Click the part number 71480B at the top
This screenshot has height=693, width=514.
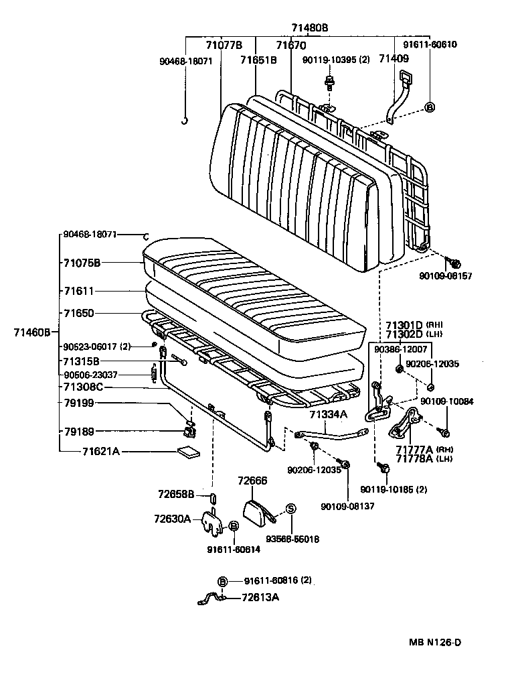tap(309, 27)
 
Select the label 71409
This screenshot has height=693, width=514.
tap(393, 60)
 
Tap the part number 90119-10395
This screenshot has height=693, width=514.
tap(330, 60)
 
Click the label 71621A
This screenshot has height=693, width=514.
tap(100, 452)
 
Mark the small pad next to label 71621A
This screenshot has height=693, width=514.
tap(188, 452)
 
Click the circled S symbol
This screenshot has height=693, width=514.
tap(290, 509)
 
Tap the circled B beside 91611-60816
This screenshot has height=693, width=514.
tap(223, 580)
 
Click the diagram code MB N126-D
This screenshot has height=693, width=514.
tap(435, 642)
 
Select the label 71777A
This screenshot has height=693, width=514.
tap(414, 449)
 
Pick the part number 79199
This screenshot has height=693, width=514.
tap(79, 403)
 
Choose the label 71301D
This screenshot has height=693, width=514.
tap(404, 324)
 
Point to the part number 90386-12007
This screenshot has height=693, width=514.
tap(400, 349)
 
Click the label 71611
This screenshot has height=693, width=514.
tap(79, 292)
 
